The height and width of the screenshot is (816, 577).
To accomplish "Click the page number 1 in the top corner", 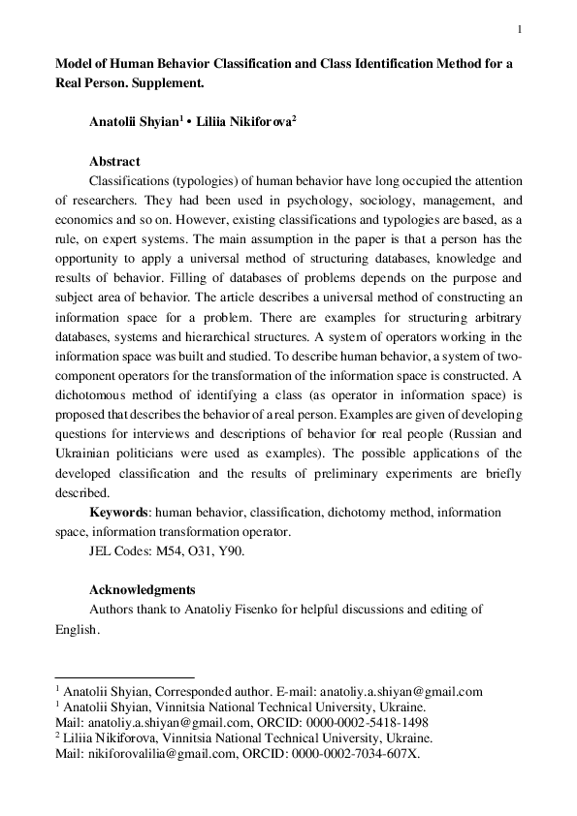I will click(521, 28).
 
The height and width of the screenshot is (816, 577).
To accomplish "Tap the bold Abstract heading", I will click(114, 162).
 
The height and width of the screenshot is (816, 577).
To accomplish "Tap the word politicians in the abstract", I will click(136, 453).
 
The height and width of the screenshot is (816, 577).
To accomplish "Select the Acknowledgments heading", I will click(143, 589).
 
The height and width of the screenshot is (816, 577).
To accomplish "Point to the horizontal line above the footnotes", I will click(125, 677).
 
